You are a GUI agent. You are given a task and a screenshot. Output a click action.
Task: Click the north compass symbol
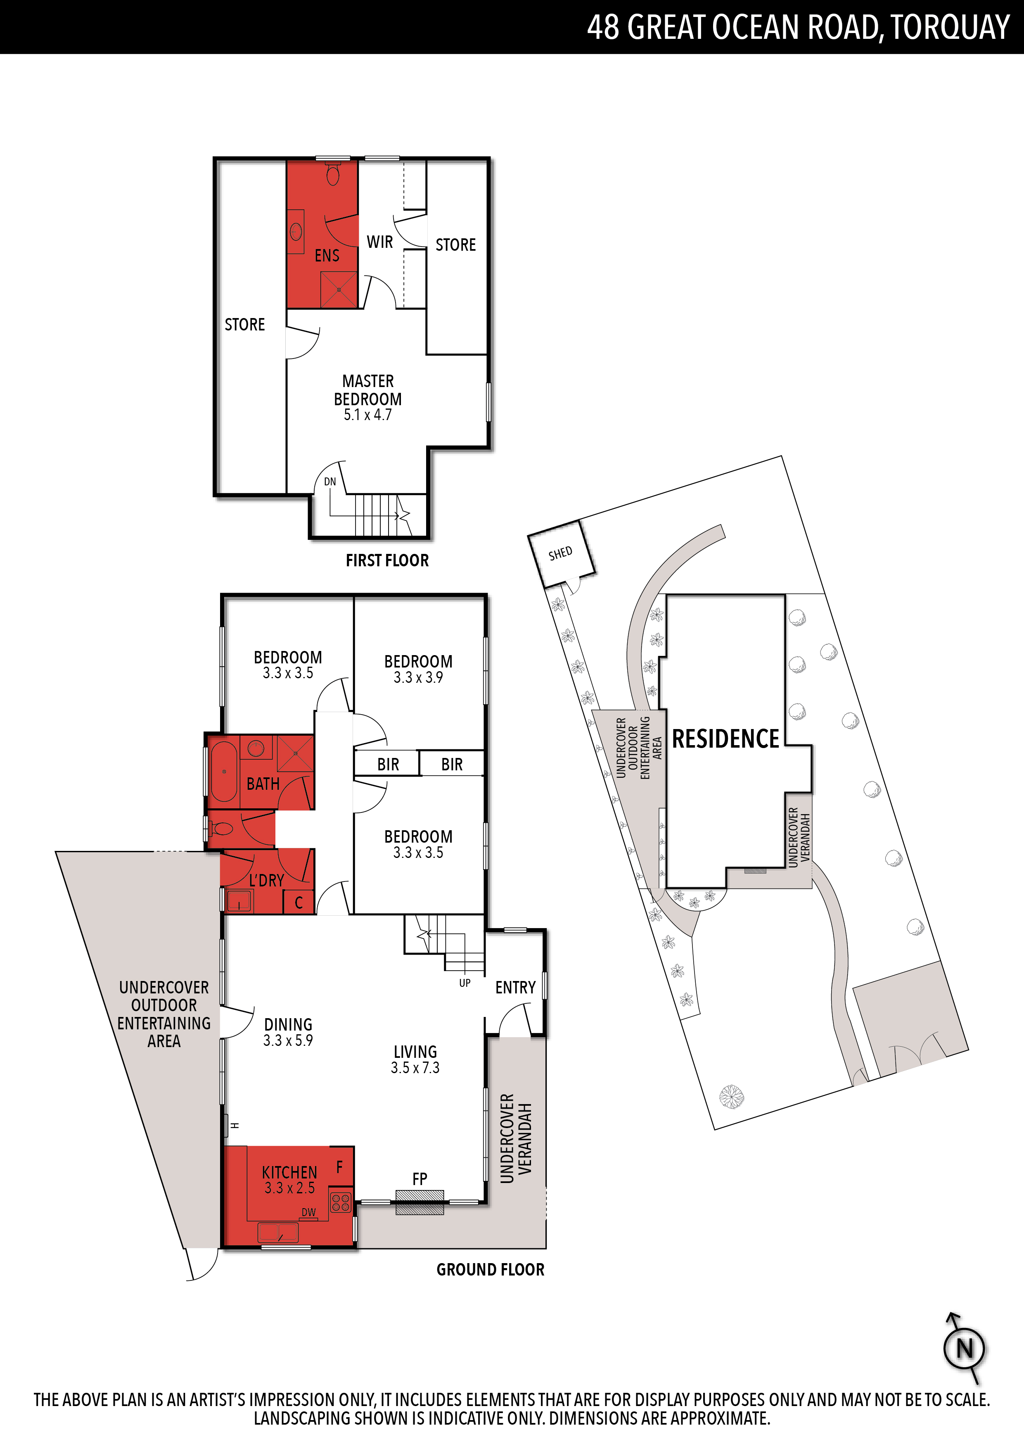[x=965, y=1349]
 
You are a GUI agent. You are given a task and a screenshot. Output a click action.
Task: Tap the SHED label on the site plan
[x=560, y=553]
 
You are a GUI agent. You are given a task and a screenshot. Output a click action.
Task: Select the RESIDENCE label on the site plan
[x=725, y=739]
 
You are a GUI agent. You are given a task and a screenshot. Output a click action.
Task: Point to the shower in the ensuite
[x=339, y=290]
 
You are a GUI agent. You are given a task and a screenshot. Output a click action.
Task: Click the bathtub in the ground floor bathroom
[x=223, y=771]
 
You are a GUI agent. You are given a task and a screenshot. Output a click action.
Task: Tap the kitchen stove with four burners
[x=341, y=1203]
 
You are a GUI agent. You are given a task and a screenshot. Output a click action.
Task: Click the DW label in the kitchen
[x=308, y=1212]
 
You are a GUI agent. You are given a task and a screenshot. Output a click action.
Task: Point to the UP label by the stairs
[x=465, y=983]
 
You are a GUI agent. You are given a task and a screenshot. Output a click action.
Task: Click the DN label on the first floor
[x=330, y=482]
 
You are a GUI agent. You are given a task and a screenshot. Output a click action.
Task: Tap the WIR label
[x=380, y=242]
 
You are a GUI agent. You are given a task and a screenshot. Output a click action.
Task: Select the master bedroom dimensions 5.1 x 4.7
[x=368, y=415]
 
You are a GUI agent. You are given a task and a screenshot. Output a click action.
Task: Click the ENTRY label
[x=515, y=987]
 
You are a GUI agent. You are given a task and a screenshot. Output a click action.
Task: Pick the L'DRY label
[x=266, y=880]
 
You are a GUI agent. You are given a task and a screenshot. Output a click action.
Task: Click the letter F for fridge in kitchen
[x=339, y=1167]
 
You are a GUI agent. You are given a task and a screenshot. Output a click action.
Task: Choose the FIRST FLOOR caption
[x=387, y=561]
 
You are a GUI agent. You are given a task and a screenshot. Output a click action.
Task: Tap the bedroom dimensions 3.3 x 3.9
[x=418, y=677]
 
